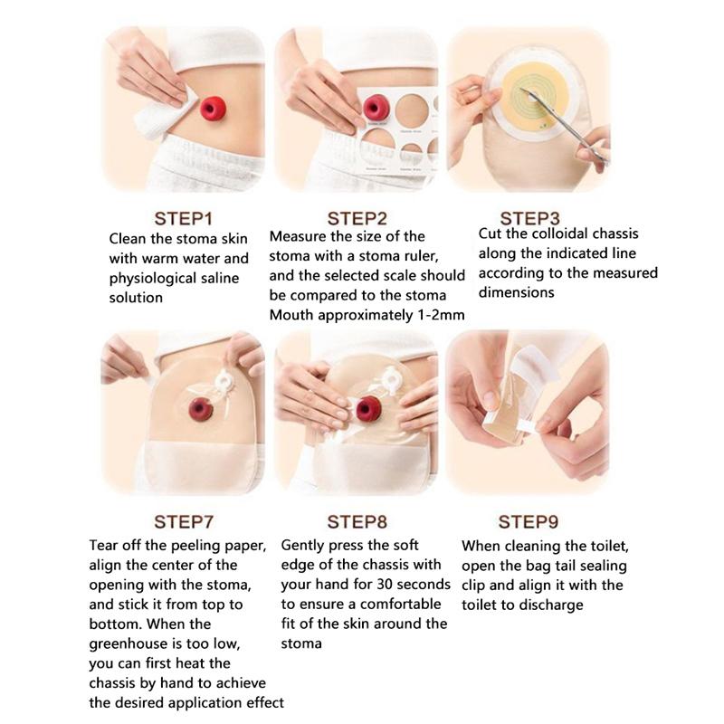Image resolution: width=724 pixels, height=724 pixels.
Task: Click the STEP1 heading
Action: click(183, 218)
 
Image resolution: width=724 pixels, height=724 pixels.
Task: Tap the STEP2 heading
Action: click(357, 218)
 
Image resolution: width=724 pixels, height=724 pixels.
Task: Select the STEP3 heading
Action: click(529, 218)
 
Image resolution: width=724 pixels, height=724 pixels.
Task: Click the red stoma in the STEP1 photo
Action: click(214, 109)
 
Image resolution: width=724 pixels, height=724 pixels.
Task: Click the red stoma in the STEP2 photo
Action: click(376, 108)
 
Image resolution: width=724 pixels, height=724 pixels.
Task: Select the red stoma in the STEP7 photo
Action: click(200, 409)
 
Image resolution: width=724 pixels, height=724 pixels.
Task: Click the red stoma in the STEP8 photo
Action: click(368, 408)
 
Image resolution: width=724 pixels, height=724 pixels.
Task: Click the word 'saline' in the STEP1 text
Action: click(217, 279)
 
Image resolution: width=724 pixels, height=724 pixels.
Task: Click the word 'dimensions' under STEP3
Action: click(516, 293)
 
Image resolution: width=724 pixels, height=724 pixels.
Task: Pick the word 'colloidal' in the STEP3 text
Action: click(554, 233)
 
